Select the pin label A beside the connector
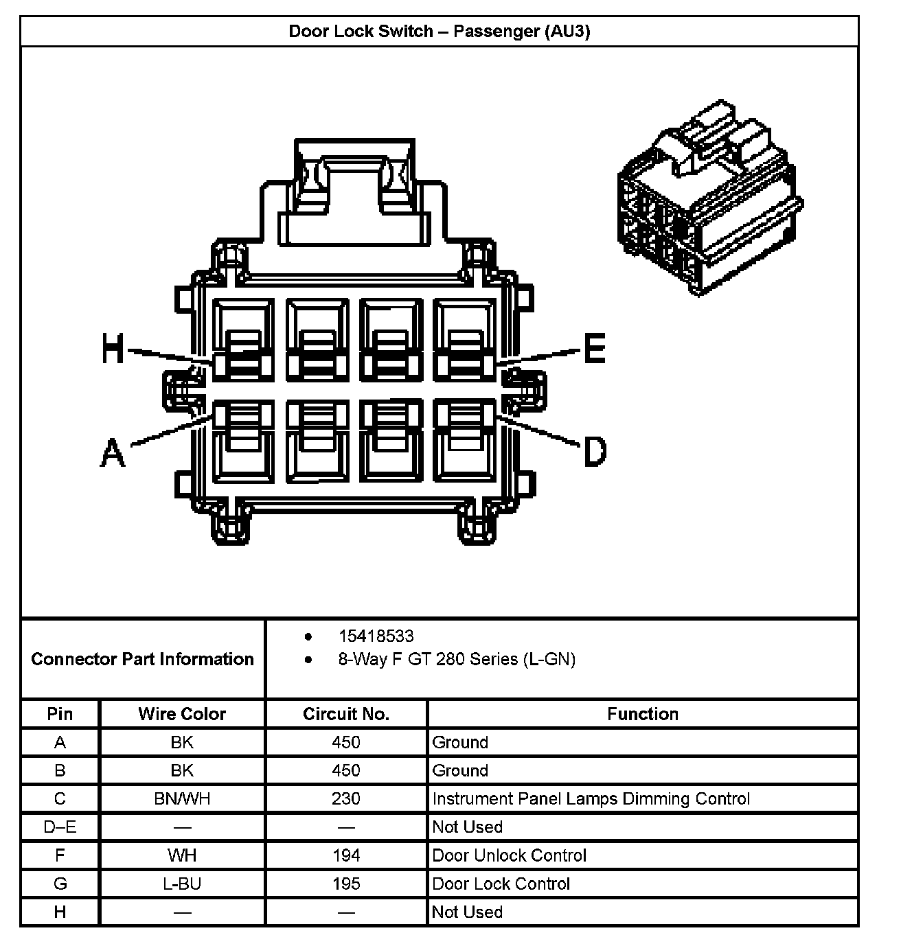113,453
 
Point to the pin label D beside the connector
595,452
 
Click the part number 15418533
376,636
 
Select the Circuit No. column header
346,714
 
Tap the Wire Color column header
182,714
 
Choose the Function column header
642,714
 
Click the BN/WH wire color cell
182,799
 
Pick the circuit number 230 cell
346,799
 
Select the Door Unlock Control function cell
509,855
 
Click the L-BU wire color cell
182,884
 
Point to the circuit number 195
346,884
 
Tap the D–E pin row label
60,827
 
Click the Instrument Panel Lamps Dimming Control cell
591,799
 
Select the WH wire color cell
182,855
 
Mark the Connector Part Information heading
143,660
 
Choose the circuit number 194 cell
346,855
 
